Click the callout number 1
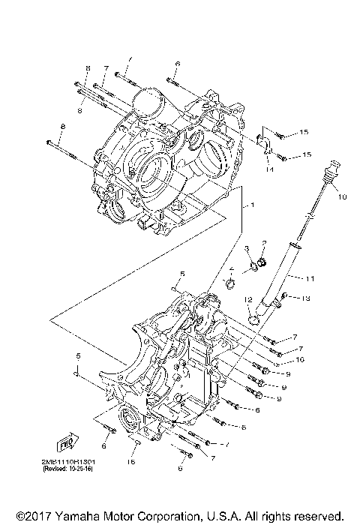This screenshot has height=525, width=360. click(253, 205)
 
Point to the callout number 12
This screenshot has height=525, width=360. click(245, 300)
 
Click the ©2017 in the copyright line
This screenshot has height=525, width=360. click(31, 516)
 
